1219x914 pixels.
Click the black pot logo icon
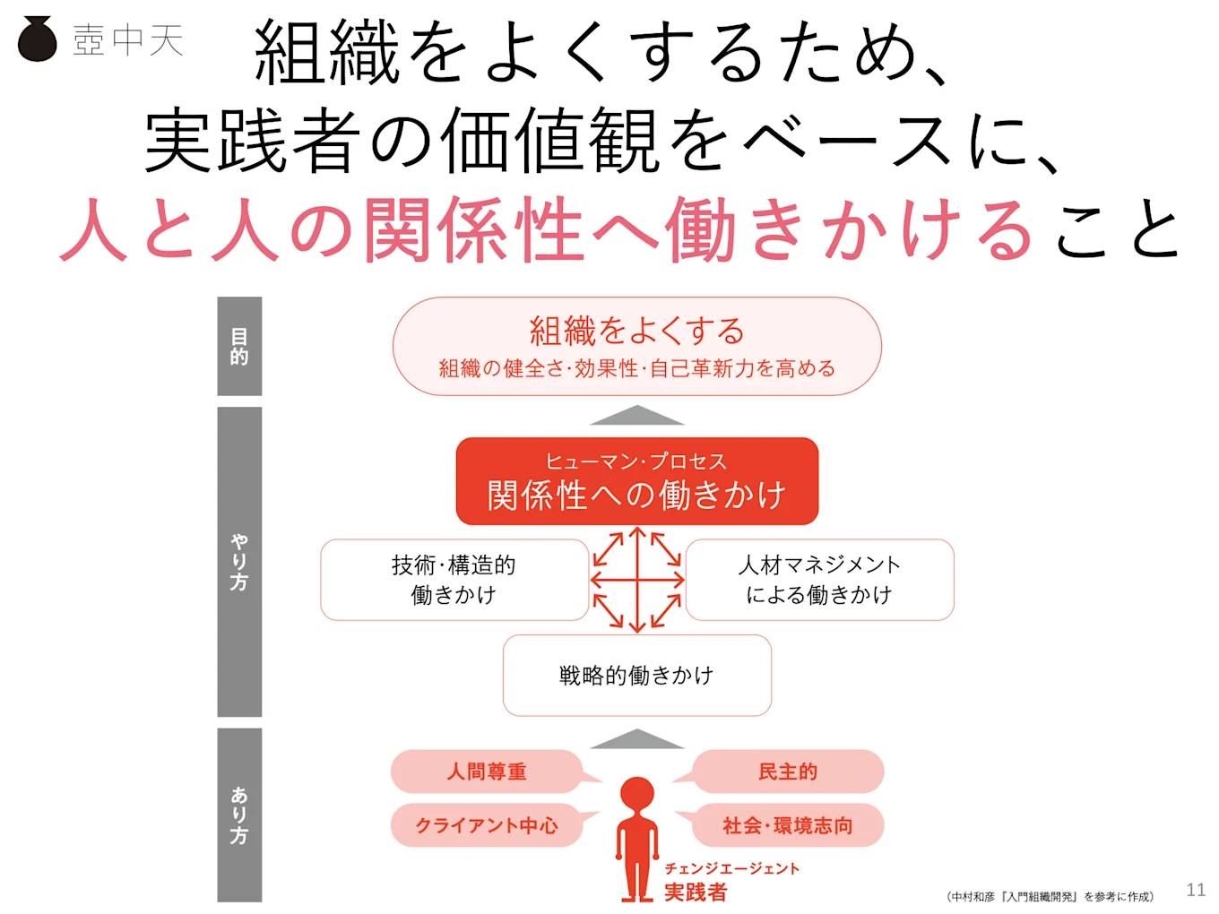point(37,39)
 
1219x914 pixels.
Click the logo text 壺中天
point(128,40)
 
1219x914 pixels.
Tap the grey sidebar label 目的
point(239,346)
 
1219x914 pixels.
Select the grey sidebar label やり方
point(239,562)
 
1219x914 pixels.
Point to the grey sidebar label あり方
point(239,815)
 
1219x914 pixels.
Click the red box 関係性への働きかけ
point(636,481)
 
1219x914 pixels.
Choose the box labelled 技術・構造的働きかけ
point(454,580)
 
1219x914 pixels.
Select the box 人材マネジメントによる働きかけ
point(819,580)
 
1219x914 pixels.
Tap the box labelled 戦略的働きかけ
point(636,676)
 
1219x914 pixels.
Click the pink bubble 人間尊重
point(487,772)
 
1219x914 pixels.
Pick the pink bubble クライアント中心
point(487,825)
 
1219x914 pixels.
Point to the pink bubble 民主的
point(788,772)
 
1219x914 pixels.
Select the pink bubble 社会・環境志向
point(788,825)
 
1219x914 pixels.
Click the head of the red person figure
point(637,793)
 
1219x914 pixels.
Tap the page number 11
point(1196,890)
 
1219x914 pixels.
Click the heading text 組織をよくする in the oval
point(636,331)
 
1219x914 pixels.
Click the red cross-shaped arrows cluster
point(636,580)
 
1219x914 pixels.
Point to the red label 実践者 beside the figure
point(696,892)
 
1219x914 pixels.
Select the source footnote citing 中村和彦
point(1050,896)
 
